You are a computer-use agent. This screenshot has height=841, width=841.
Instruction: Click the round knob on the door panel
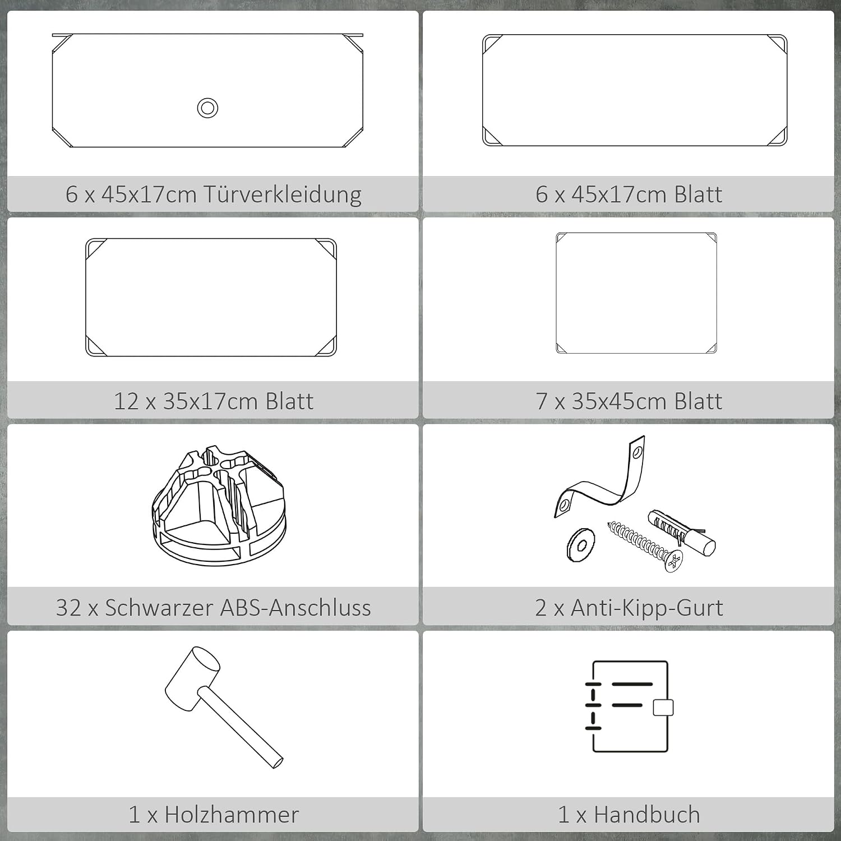(x=207, y=108)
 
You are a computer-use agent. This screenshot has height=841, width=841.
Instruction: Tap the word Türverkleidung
(x=282, y=195)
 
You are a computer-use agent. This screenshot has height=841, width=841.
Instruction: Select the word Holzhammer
(x=232, y=815)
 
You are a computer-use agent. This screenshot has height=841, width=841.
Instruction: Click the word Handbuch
(x=647, y=815)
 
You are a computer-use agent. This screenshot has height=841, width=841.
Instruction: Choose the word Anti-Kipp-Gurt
(x=647, y=608)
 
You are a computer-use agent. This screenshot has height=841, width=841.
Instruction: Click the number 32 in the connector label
(x=68, y=608)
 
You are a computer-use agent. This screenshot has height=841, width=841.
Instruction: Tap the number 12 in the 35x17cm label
(x=126, y=401)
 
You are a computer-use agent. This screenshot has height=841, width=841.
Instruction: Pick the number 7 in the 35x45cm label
(x=541, y=401)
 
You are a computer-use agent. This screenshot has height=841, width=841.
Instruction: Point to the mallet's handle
(x=241, y=728)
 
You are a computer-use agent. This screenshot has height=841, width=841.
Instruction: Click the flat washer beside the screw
(x=581, y=544)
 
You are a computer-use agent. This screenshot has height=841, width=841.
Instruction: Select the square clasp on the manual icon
(x=663, y=708)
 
